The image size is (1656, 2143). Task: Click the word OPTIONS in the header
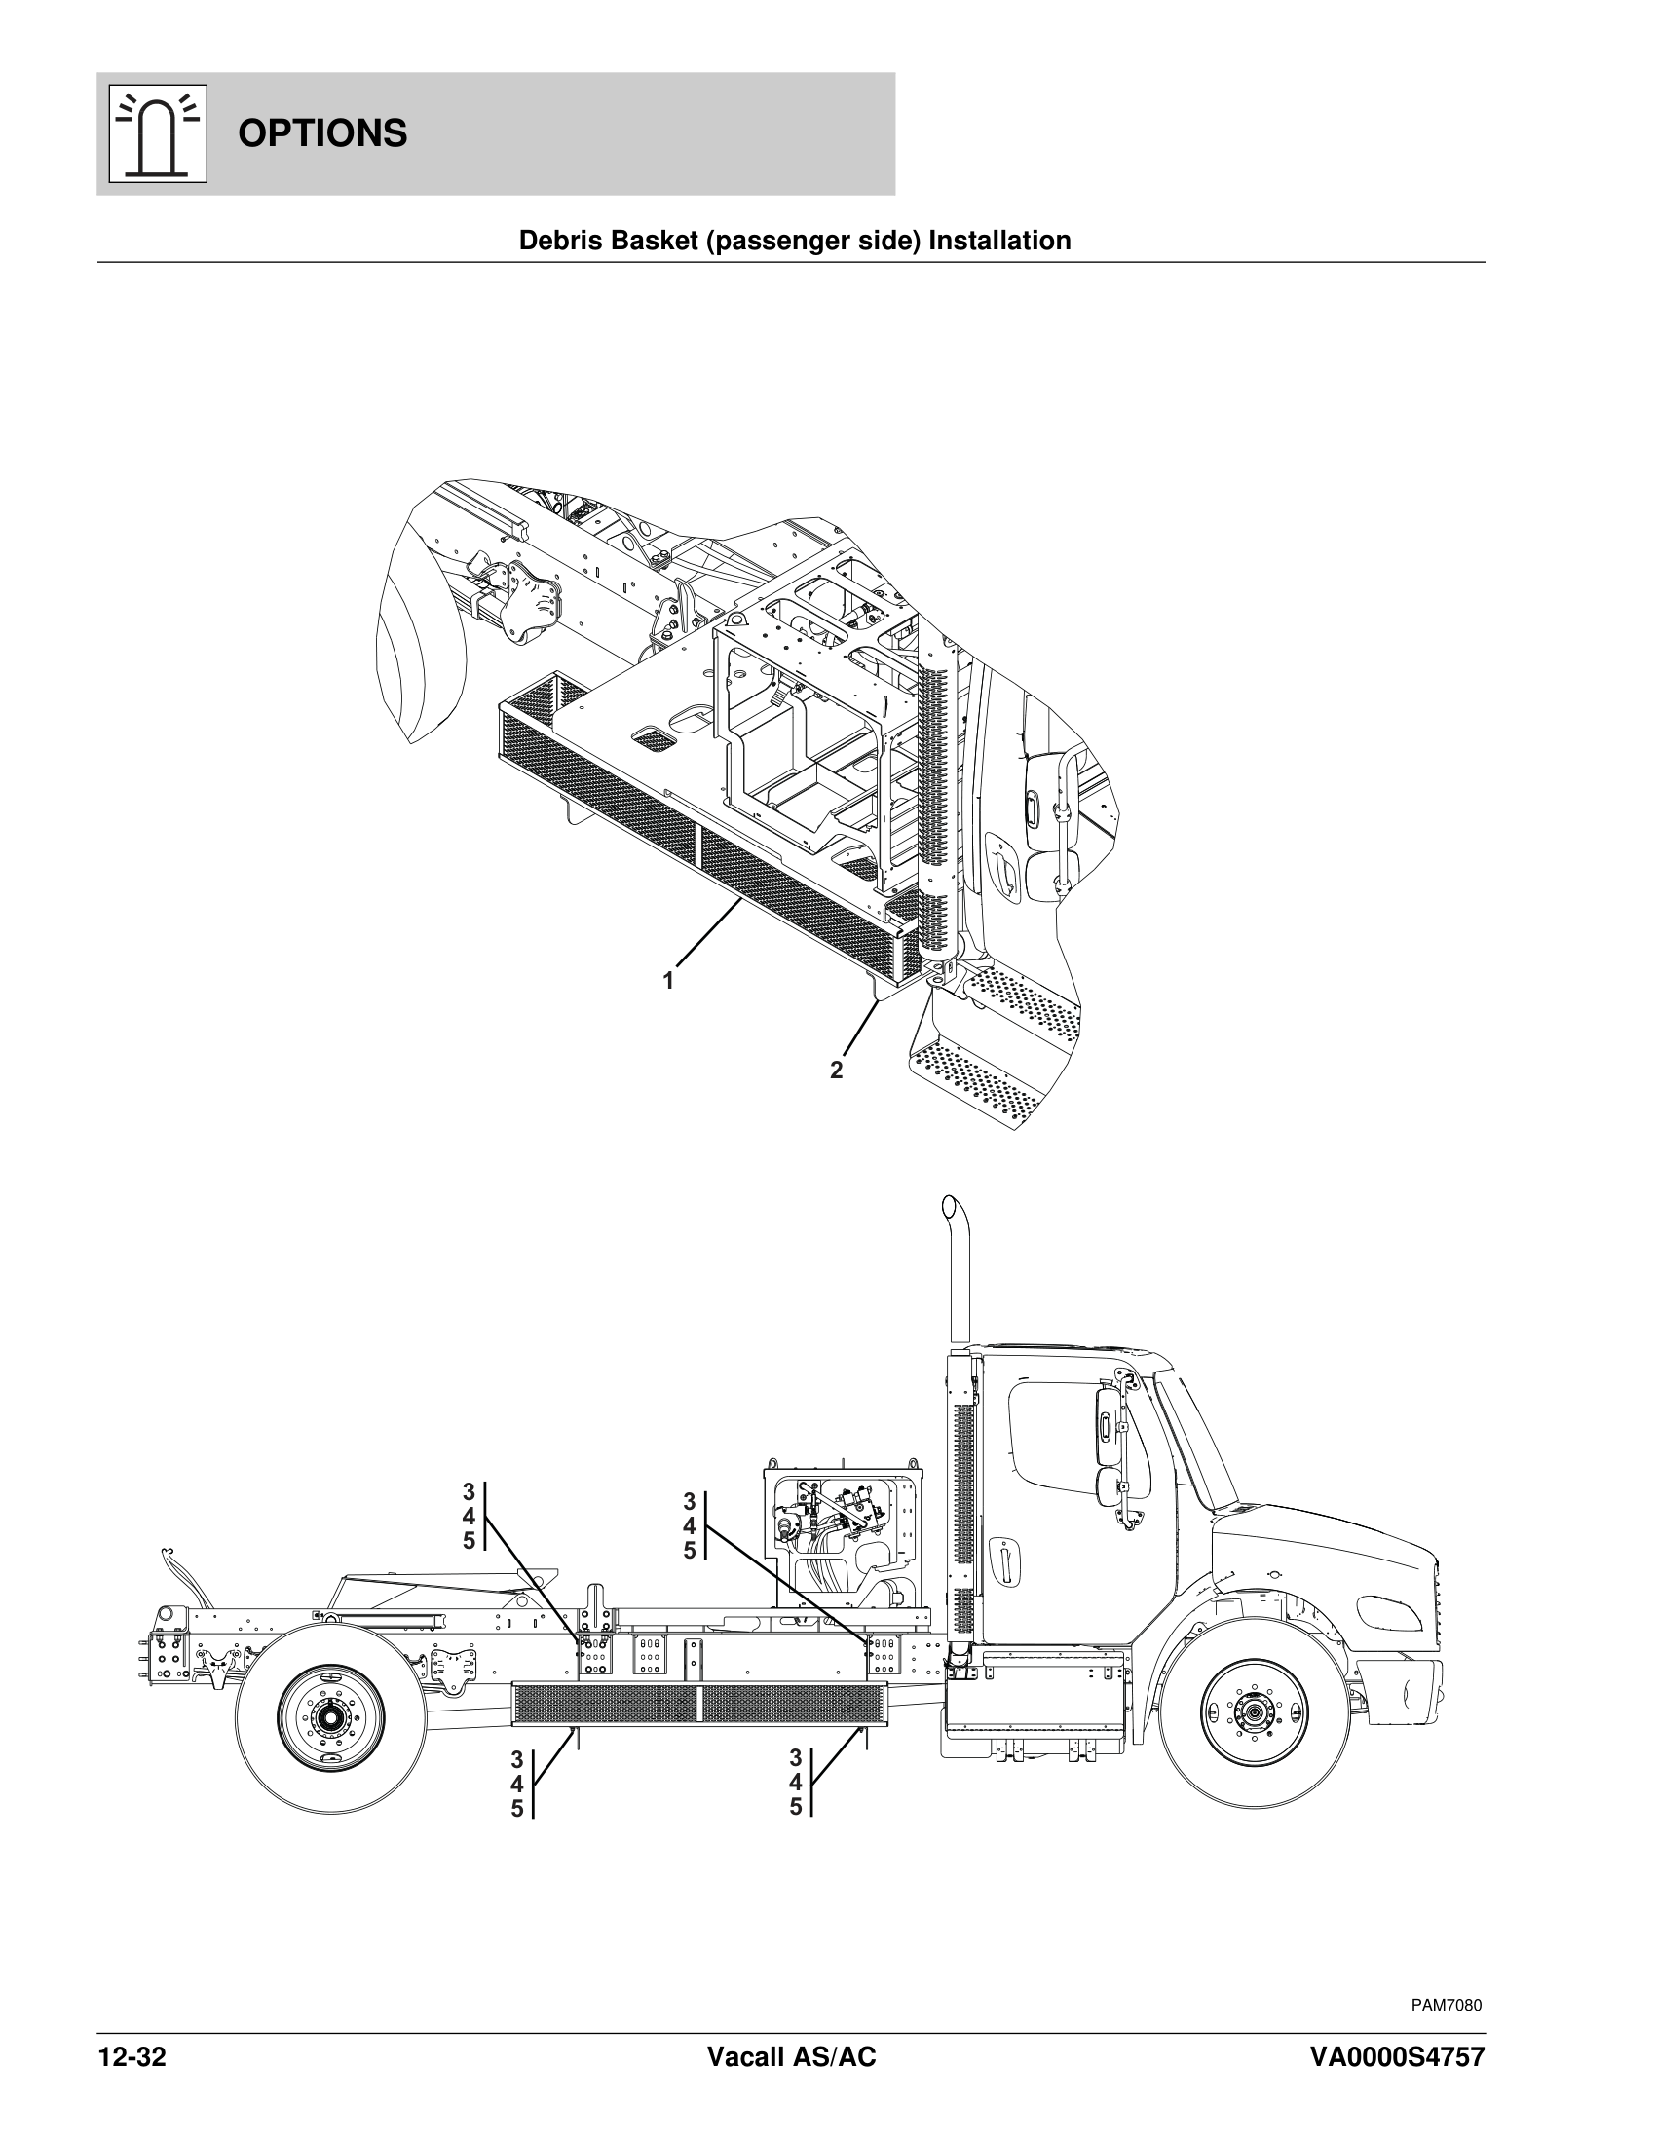point(321,133)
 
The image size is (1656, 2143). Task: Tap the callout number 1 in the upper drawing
point(668,980)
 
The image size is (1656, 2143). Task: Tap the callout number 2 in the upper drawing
point(836,1071)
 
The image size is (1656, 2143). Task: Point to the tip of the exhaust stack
point(949,1205)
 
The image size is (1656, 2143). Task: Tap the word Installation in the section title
point(999,241)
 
